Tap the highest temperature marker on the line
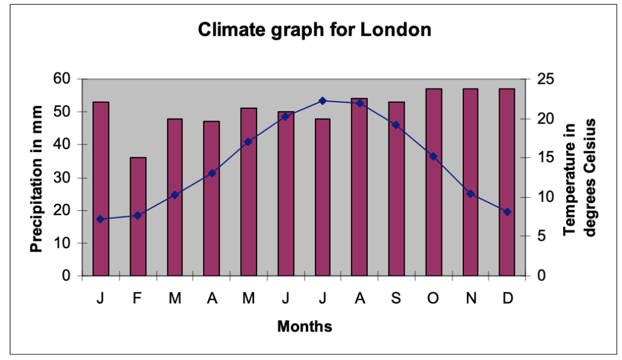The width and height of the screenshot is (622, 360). [x=322, y=101]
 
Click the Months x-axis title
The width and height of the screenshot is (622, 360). [x=305, y=327]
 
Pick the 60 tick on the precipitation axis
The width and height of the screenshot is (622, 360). [x=63, y=79]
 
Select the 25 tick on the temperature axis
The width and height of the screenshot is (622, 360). [x=545, y=79]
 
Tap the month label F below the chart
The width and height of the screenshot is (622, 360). [x=137, y=299]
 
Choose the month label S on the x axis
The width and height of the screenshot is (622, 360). [x=396, y=299]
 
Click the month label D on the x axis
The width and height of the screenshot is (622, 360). [x=507, y=299]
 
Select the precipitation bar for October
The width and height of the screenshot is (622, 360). [x=433, y=182]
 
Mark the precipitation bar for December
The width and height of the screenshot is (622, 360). [x=507, y=182]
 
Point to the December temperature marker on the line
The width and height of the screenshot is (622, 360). [x=507, y=212]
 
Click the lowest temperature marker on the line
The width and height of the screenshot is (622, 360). [x=100, y=219]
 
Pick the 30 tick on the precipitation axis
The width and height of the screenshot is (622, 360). [x=63, y=178]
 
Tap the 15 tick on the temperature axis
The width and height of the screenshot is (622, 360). [x=545, y=157]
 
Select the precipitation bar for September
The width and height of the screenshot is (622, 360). [x=396, y=189]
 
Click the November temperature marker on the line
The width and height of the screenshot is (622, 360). [x=470, y=194]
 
